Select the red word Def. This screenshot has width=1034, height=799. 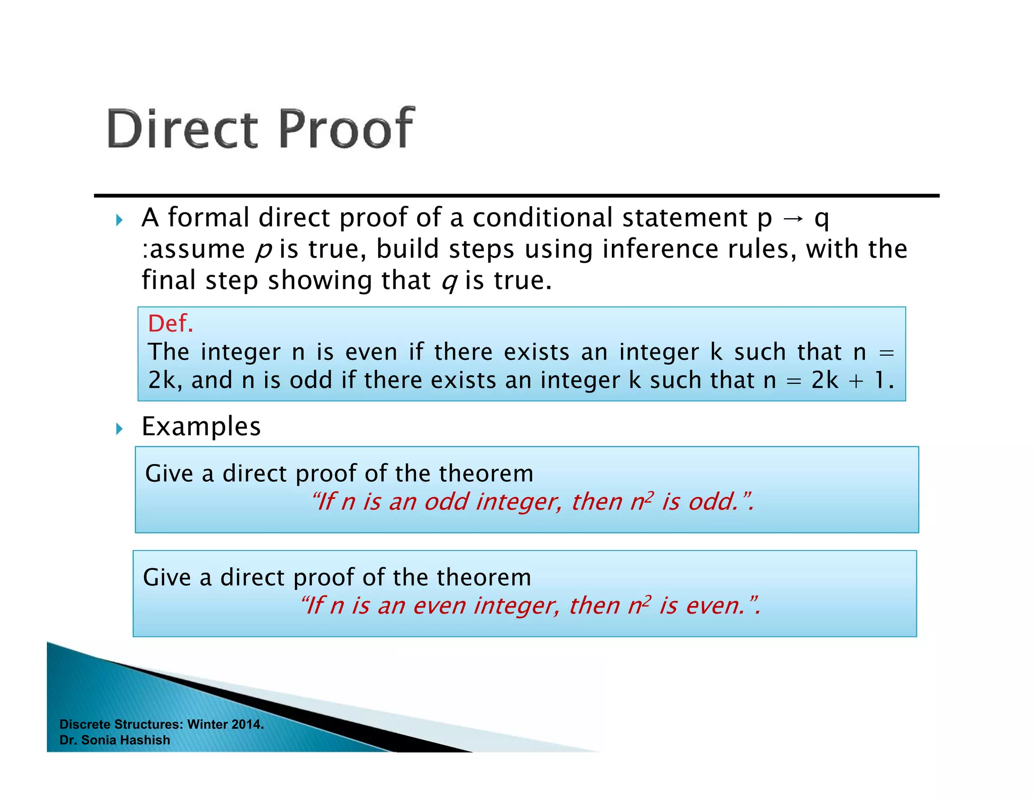[170, 323]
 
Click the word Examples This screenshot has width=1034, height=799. [201, 426]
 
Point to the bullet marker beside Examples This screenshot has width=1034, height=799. [119, 429]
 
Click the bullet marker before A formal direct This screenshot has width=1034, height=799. [119, 220]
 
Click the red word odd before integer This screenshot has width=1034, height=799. [446, 502]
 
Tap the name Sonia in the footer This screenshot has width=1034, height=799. [98, 740]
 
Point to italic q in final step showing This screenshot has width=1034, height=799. [448, 281]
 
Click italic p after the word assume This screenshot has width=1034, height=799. [263, 250]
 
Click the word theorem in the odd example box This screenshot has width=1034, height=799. [486, 473]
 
